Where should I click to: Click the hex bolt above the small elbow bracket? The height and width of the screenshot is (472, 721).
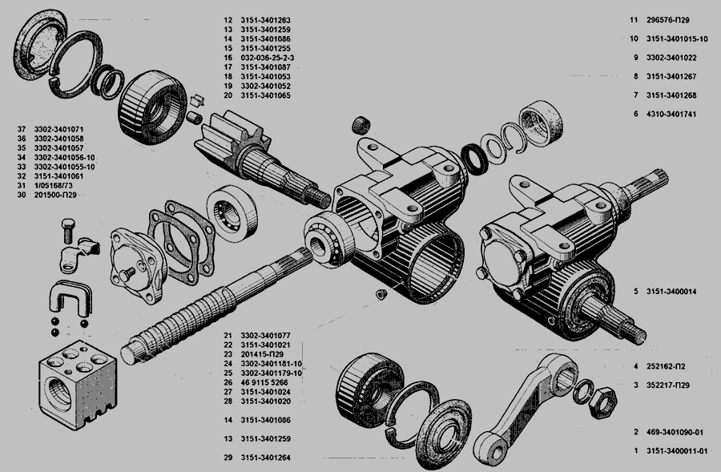pos(67,233)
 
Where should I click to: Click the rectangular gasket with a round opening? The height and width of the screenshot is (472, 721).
pos(180,236)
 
